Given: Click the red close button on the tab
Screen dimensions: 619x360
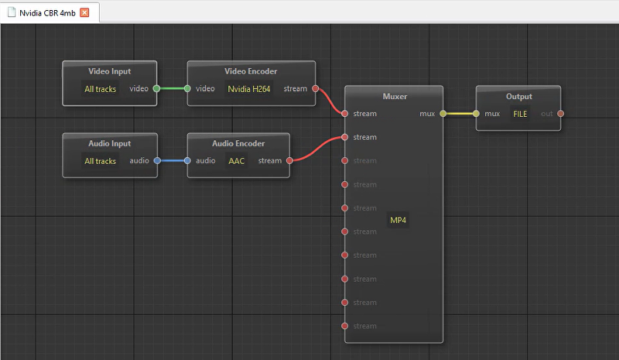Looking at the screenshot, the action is [84, 12].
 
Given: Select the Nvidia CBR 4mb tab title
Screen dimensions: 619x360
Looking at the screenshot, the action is [47, 13].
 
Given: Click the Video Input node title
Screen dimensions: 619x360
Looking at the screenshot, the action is [110, 71].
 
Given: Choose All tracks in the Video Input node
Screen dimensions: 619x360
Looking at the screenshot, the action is [101, 89].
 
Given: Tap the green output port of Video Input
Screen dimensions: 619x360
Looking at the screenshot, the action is [157, 88].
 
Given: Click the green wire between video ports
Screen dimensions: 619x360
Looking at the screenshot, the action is [172, 88].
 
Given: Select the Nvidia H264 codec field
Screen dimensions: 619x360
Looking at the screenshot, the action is [248, 89].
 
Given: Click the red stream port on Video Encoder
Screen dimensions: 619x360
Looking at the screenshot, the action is [316, 88].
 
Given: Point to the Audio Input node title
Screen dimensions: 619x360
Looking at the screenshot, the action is [110, 143].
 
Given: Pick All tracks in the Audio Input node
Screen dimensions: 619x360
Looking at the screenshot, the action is [101, 161].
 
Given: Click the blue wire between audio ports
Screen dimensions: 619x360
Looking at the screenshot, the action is [172, 160].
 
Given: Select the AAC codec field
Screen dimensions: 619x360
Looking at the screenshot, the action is [237, 161].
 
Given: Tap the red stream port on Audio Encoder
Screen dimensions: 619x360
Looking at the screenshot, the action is [289, 160].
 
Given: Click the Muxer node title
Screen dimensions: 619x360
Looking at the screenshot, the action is [395, 97].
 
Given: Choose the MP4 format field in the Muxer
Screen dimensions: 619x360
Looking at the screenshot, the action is [398, 220].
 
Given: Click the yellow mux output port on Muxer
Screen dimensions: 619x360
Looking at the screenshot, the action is [443, 113].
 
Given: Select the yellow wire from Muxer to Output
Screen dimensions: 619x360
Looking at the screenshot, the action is [460, 113].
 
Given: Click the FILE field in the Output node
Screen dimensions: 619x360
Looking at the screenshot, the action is [520, 114].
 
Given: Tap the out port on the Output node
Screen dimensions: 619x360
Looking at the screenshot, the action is [560, 113].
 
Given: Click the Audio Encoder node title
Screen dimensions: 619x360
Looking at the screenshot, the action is [238, 143].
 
